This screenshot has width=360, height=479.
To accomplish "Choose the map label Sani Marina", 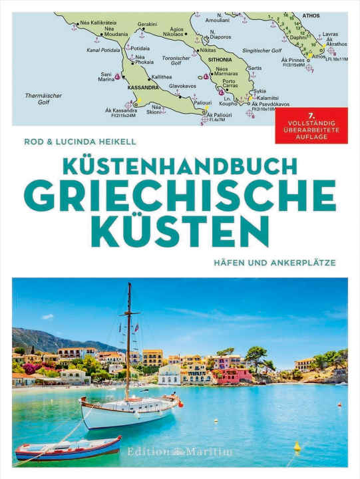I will [x=106, y=77].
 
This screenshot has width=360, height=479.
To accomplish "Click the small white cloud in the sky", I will [x=47, y=317].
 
